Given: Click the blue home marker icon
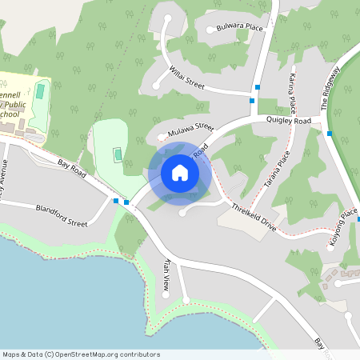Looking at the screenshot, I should tap(180, 173).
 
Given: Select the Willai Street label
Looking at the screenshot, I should tap(187, 78).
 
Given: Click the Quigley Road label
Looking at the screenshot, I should tap(288, 121).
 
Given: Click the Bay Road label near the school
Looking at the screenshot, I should tap(73, 168).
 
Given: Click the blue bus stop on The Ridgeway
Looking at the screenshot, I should tap(330, 134).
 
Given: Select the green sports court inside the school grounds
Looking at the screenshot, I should tap(41, 92).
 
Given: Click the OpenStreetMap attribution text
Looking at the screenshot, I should tap(80, 354).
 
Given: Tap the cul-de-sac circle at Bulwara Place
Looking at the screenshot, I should tap(210, 30).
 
